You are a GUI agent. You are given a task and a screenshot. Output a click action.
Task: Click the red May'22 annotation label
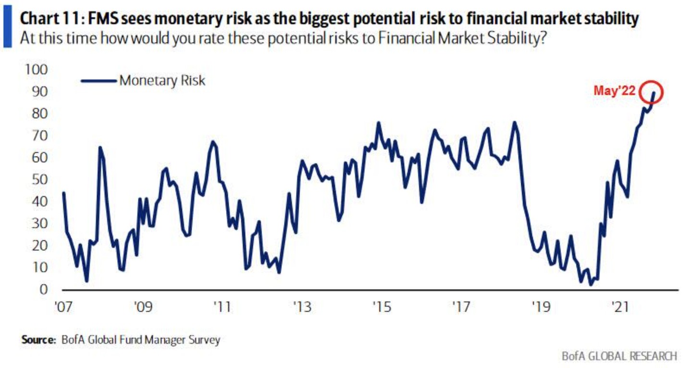point(615,91)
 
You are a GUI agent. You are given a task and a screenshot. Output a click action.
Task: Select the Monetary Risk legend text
point(162,80)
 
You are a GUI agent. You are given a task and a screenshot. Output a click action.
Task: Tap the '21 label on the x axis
point(618,306)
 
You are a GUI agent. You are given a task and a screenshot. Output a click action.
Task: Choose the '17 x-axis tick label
point(460,306)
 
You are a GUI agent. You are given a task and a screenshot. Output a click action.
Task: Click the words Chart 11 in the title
point(46,20)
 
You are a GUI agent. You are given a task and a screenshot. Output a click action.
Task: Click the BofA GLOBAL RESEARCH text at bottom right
point(619,356)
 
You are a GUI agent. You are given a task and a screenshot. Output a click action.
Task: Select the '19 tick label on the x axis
point(539,306)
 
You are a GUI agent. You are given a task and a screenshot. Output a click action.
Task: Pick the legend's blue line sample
point(99,81)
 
